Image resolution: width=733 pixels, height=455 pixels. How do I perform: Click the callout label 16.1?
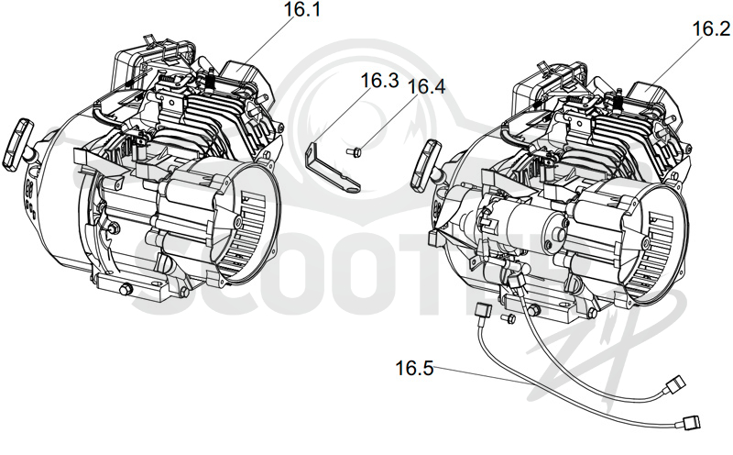click(303, 10)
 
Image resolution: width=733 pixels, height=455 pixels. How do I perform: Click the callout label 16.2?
click(711, 29)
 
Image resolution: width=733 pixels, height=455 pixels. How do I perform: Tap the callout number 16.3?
click(379, 81)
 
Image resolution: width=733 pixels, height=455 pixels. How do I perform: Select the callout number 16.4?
click(426, 87)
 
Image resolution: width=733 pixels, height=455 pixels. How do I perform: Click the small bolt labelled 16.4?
click(355, 151)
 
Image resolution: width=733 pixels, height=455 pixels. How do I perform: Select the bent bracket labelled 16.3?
click(332, 169)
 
